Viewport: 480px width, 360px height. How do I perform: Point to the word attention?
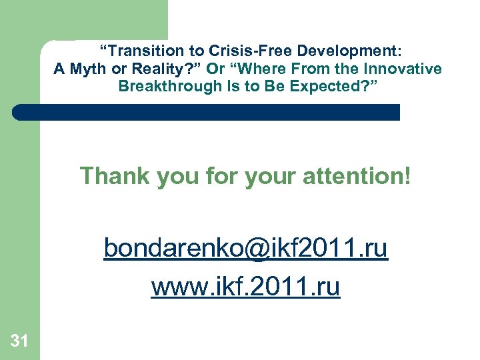(x=360, y=176)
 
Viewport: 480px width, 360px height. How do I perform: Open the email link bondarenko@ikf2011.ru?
(x=245, y=249)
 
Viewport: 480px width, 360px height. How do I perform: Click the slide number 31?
(x=19, y=341)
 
